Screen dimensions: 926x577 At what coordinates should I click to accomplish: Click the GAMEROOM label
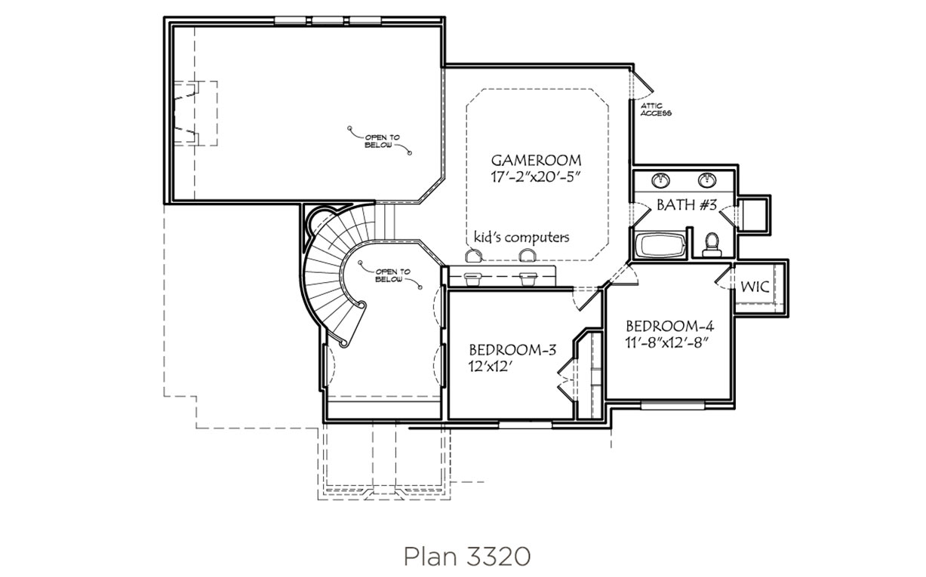point(536,160)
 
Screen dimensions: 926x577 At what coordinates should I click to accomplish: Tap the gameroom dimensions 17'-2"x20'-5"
point(536,177)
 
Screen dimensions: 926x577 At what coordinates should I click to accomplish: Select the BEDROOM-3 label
point(512,350)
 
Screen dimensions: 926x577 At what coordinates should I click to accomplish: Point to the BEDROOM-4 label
point(669,327)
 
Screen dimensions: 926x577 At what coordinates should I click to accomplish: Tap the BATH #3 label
point(686,205)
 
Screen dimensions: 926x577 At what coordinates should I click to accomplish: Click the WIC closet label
point(755,287)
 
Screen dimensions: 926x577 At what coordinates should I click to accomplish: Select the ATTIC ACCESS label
point(656,109)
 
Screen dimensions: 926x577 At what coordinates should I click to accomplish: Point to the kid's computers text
point(521,238)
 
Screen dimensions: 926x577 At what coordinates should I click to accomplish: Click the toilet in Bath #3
point(712,244)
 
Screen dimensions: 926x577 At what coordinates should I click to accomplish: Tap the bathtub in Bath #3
point(660,246)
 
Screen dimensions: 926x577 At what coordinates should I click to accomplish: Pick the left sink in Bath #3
point(660,180)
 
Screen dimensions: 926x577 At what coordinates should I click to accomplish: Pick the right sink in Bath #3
point(707,180)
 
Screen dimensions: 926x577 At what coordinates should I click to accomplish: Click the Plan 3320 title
point(467,557)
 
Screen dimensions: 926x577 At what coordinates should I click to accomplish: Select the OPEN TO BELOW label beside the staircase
point(392,275)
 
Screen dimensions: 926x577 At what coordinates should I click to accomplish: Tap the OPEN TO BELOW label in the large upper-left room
point(382,141)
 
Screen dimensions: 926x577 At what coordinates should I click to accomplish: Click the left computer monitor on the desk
point(472,279)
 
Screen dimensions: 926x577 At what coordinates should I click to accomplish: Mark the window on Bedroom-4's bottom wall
point(672,406)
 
